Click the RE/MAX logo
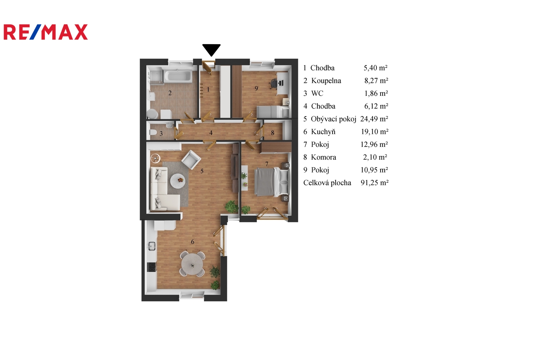click(x=46, y=32)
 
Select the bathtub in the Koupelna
click(x=178, y=76)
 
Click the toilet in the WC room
click(x=153, y=132)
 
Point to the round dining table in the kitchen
click(x=192, y=265)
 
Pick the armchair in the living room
click(x=191, y=160)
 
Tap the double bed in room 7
click(x=271, y=182)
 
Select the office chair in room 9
click(x=274, y=83)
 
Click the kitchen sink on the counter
click(x=151, y=246)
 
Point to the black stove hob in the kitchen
click(x=151, y=267)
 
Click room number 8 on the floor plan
click(x=273, y=133)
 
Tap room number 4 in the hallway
click(x=211, y=133)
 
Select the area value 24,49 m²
click(x=374, y=119)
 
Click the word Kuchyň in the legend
click(x=323, y=132)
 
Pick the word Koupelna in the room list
click(x=326, y=81)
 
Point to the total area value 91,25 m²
click(x=375, y=183)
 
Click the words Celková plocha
click(x=327, y=183)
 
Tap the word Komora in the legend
click(x=324, y=157)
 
